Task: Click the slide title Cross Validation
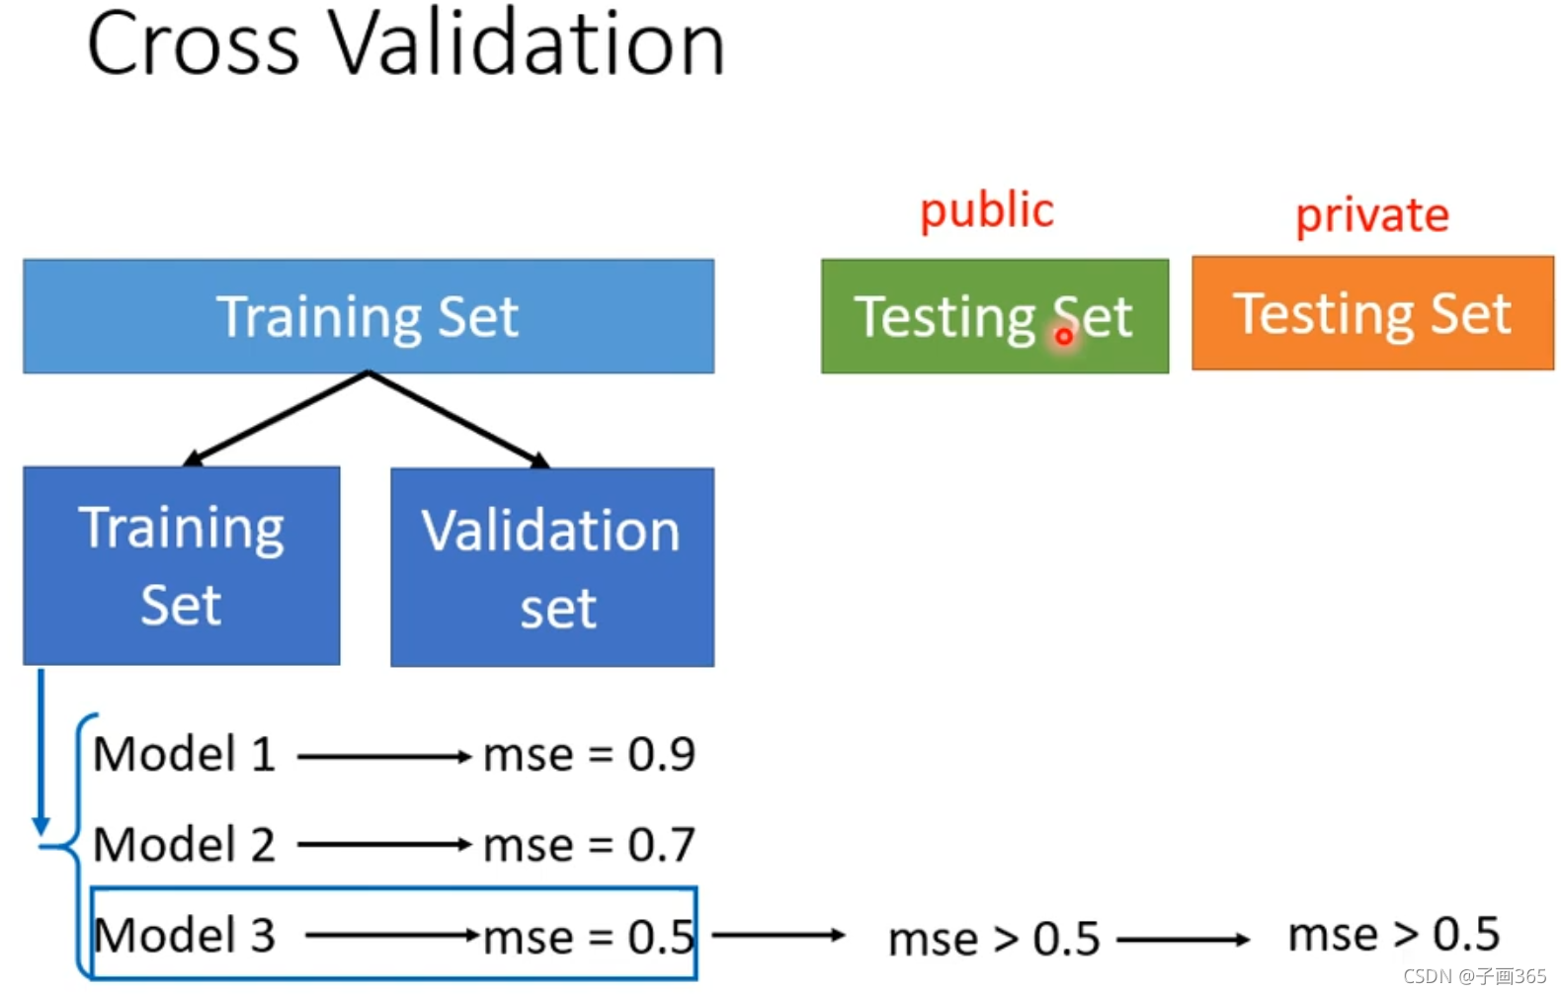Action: pyautogui.click(x=405, y=44)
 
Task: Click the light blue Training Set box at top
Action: pyautogui.click(x=368, y=316)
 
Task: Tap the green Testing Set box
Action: pyautogui.click(x=994, y=316)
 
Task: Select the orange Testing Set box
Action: pyautogui.click(x=1371, y=313)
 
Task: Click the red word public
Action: pyautogui.click(x=986, y=210)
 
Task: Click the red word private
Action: pyautogui.click(x=1371, y=214)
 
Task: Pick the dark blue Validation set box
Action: pyautogui.click(x=551, y=567)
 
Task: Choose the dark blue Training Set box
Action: pyautogui.click(x=181, y=565)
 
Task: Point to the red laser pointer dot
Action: pyautogui.click(x=1063, y=336)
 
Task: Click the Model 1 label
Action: pyautogui.click(x=184, y=755)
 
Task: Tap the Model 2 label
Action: pyautogui.click(x=184, y=845)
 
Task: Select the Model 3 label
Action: pyautogui.click(x=184, y=935)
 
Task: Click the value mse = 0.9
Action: pyautogui.click(x=589, y=755)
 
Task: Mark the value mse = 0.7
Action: pyautogui.click(x=589, y=845)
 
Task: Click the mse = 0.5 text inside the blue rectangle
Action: pyautogui.click(x=589, y=937)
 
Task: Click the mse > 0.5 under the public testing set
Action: pyautogui.click(x=993, y=939)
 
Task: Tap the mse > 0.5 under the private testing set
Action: pyautogui.click(x=1393, y=934)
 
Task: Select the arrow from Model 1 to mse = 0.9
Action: pyautogui.click(x=383, y=757)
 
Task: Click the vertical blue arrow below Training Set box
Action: pyautogui.click(x=41, y=751)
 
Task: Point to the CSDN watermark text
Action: pyautogui.click(x=1474, y=976)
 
